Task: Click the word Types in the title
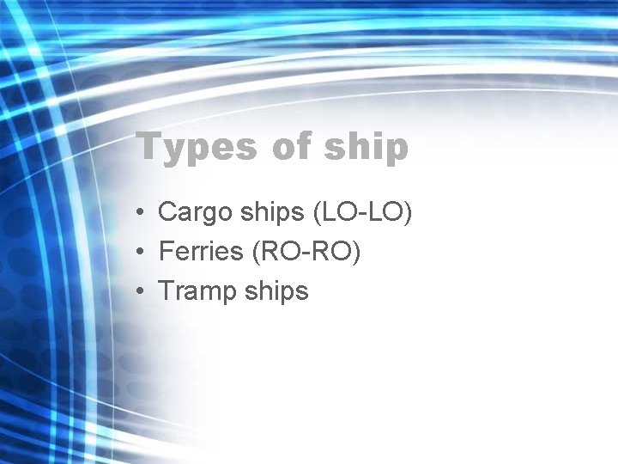point(197,148)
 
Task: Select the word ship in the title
point(367,148)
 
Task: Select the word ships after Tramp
point(276,291)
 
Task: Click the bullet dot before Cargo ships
point(138,212)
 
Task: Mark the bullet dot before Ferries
point(138,252)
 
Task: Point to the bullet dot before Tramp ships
point(138,291)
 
